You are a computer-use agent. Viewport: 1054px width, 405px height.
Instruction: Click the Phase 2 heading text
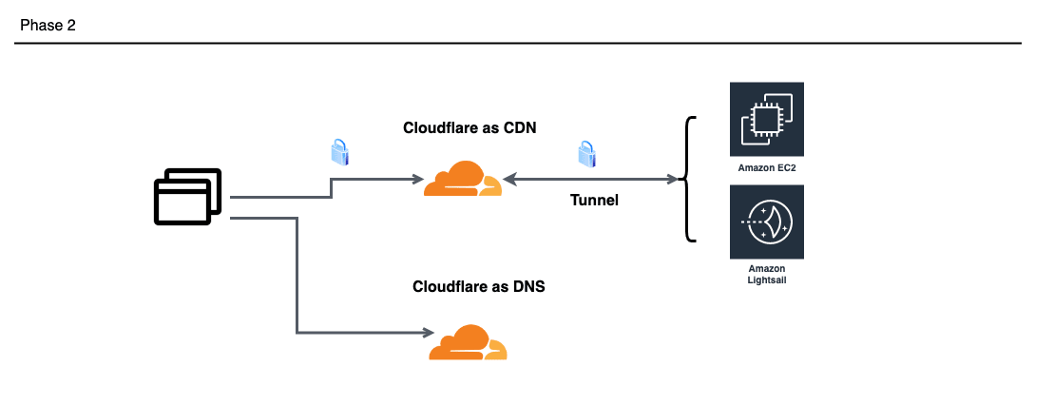(x=48, y=26)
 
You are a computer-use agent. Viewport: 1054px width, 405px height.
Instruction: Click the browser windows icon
(x=187, y=197)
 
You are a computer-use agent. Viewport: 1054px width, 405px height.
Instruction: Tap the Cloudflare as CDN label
(x=470, y=129)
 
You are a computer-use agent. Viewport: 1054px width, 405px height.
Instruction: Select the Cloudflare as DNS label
(x=478, y=286)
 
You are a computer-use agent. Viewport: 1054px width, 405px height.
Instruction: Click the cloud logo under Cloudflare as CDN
(x=462, y=180)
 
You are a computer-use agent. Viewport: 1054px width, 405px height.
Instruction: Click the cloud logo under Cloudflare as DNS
(x=468, y=342)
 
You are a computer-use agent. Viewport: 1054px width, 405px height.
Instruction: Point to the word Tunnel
(x=594, y=200)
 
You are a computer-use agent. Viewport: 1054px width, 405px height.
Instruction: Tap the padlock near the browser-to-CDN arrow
(x=338, y=152)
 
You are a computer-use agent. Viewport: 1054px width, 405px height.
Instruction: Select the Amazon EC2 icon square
(x=766, y=119)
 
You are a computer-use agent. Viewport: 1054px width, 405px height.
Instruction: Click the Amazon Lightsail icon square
(x=766, y=222)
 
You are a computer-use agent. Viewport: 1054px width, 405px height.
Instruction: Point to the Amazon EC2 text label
(x=766, y=167)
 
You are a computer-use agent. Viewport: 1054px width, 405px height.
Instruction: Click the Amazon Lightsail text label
(x=766, y=275)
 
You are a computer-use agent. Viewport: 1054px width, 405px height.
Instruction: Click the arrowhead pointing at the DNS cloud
(x=426, y=333)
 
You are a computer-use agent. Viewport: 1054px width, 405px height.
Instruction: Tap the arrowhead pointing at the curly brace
(x=679, y=179)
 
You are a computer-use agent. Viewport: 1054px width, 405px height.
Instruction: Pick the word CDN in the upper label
(x=519, y=129)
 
